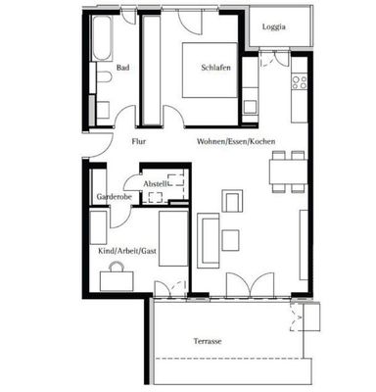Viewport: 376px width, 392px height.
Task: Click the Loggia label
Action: [x=274, y=27]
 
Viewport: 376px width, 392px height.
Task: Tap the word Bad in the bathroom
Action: [x=122, y=68]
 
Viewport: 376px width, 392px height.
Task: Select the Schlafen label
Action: [x=215, y=68]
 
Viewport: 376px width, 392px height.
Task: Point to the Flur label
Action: [x=139, y=141]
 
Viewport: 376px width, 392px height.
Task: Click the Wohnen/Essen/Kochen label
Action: [x=236, y=141]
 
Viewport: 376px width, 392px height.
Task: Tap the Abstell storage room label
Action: [x=156, y=184]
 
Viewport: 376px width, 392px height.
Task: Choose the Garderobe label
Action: [x=115, y=197]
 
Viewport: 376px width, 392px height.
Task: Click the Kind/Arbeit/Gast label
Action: [x=127, y=251]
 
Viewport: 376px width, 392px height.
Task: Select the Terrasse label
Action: [x=208, y=341]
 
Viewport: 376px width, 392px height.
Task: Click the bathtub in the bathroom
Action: [x=102, y=38]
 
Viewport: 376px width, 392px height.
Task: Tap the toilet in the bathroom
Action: [x=103, y=77]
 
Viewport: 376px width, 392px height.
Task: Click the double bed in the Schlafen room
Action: [x=210, y=70]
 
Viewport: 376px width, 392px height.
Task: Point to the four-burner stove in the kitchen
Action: [x=300, y=82]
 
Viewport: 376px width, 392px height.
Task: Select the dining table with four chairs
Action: [x=288, y=171]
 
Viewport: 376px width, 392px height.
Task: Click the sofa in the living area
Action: [x=208, y=241]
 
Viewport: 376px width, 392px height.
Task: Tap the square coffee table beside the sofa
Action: [x=230, y=240]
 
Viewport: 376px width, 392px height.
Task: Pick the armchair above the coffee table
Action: [x=232, y=200]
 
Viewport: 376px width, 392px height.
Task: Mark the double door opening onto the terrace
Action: [x=251, y=285]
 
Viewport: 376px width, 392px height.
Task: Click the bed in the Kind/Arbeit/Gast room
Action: [x=173, y=239]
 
